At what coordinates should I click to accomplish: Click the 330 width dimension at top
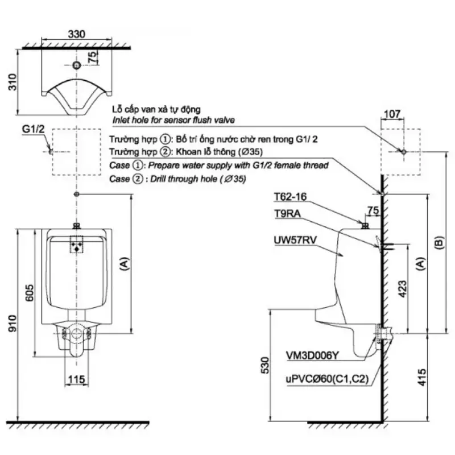tap(77, 34)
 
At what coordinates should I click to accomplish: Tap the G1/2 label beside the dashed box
tap(33, 130)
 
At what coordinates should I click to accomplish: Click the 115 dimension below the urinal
tap(77, 379)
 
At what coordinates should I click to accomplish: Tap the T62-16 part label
tap(290, 197)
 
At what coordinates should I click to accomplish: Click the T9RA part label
tap(287, 214)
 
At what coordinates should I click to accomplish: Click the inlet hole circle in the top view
tap(77, 65)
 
